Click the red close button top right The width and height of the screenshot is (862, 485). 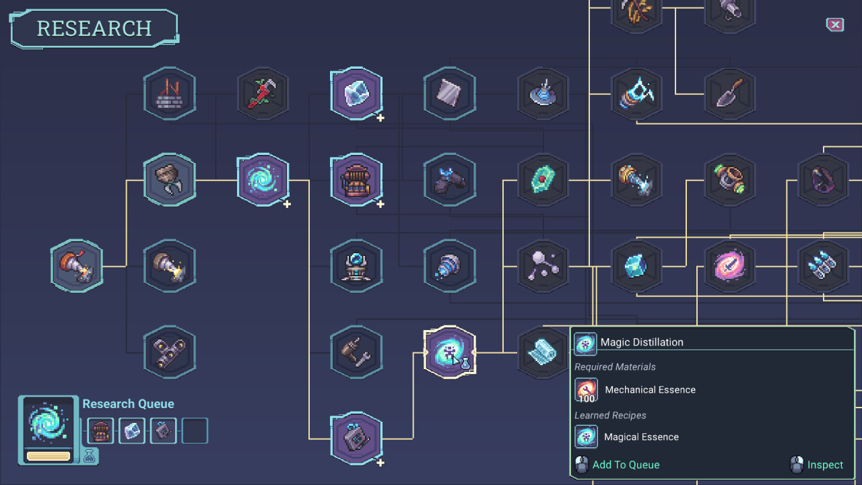[835, 25]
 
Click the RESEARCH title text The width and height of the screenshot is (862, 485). [94, 28]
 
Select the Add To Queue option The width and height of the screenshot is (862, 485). [626, 465]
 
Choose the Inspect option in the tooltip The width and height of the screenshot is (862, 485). [824, 465]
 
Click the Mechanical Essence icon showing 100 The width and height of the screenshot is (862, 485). [586, 390]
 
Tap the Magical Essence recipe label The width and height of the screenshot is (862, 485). [640, 437]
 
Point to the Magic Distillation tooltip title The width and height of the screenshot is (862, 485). [641, 342]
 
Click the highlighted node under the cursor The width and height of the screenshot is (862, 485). [449, 352]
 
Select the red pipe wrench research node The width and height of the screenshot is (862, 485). [263, 93]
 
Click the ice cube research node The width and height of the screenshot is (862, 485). [356, 93]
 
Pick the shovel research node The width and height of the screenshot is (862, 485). [729, 93]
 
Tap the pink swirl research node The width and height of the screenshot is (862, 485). [729, 266]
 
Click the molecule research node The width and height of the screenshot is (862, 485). [543, 266]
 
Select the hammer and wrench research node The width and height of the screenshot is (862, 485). [356, 352]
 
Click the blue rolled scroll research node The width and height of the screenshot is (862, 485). [541, 352]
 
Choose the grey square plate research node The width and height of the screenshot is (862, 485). [449, 93]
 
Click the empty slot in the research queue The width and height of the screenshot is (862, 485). [195, 431]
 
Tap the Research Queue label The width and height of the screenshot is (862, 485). [128, 404]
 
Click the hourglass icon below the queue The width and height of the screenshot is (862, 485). [90, 457]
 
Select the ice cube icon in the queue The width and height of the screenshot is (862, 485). [132, 431]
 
